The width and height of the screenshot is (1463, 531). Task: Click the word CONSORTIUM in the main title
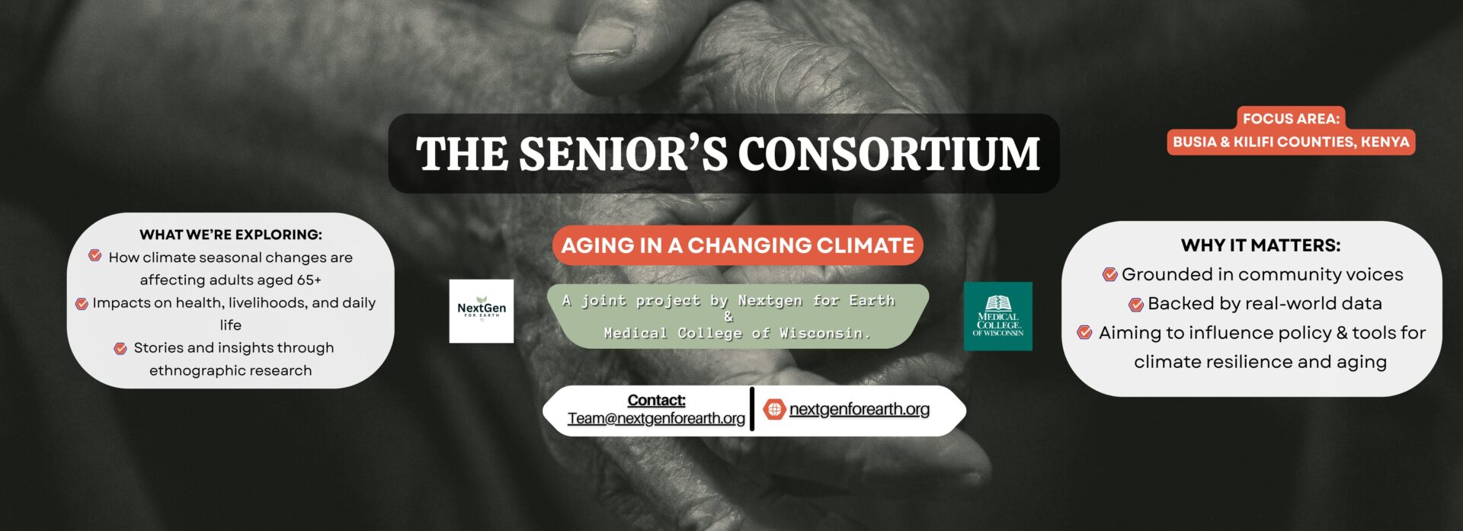point(888,154)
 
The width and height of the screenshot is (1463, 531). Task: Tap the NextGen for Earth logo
point(482,311)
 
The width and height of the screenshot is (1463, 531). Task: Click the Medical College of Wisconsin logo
point(997,316)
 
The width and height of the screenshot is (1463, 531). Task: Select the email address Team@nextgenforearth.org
point(656,418)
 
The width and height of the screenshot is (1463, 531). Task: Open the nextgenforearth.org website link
point(860,409)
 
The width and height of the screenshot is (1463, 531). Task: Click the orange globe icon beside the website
point(774,409)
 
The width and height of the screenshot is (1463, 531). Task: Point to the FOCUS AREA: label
point(1291,119)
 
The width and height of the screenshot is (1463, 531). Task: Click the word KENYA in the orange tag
point(1385,142)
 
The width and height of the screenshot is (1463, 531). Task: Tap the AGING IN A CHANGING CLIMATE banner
point(738,245)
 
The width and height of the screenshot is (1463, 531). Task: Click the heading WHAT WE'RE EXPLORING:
point(231,235)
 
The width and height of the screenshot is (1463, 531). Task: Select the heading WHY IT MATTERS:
point(1260,245)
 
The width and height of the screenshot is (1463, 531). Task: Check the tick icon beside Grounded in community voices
point(1110,274)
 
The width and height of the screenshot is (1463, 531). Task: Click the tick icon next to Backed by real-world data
point(1136,304)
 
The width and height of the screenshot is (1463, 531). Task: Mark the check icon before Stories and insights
point(120,348)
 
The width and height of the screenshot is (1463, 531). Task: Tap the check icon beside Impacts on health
point(82,303)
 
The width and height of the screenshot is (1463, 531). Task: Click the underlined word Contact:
point(656,400)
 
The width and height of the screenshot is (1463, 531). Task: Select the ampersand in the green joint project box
point(729,317)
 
